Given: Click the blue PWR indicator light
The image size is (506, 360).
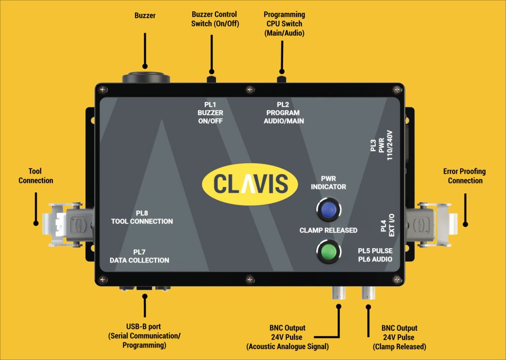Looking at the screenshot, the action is click(329, 210).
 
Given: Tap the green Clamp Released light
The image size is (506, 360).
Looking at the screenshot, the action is click(329, 251).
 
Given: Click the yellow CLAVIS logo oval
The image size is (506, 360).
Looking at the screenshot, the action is click(250, 184).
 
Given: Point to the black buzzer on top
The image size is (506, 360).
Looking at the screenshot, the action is click(146, 78).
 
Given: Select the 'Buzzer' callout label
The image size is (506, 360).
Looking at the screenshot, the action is click(145, 15).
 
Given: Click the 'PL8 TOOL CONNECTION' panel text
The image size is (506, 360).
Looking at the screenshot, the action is click(142, 217).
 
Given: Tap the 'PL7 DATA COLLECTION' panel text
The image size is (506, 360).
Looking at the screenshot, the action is click(139, 256).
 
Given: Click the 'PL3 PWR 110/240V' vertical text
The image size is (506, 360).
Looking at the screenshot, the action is click(381, 145).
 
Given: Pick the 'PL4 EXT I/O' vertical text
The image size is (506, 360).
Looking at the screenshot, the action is click(387, 225).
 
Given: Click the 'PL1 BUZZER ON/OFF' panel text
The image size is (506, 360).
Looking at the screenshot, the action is click(210, 113).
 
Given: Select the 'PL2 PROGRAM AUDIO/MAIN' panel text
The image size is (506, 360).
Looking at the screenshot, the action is click(284, 113).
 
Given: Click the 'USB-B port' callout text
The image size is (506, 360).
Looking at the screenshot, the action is click(144, 326).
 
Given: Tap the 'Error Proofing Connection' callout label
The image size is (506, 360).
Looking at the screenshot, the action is click(464, 176).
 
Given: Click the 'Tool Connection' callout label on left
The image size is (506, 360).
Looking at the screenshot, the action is click(36, 176).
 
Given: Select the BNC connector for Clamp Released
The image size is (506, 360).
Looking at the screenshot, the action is click(368, 293).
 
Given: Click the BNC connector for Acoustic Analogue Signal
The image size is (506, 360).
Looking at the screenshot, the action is click(339, 293).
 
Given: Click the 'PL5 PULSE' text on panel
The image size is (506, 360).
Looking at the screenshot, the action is click(376, 251).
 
